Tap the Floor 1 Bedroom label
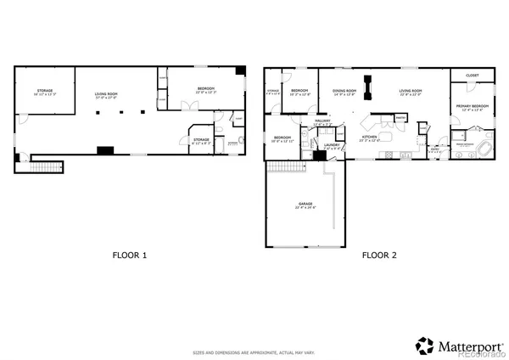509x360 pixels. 206,89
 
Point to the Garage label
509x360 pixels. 305,205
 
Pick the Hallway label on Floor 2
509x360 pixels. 323,122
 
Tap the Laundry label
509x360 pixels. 333,145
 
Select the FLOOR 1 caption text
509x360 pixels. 132,254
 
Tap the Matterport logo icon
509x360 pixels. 423,346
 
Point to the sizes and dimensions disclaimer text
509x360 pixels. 255,351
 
